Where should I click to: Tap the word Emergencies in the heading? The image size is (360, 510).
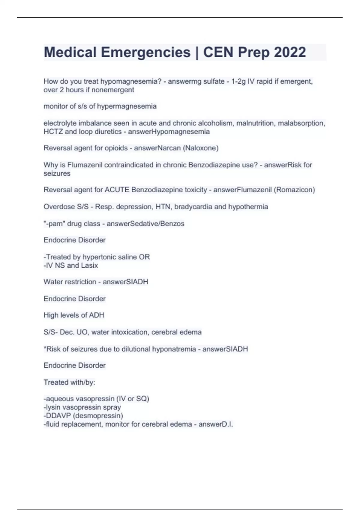pos(145,52)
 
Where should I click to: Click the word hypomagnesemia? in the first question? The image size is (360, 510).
pos(131,81)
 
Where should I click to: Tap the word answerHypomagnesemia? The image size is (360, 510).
pos(169,132)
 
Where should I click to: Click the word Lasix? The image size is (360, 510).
pos(89,265)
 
